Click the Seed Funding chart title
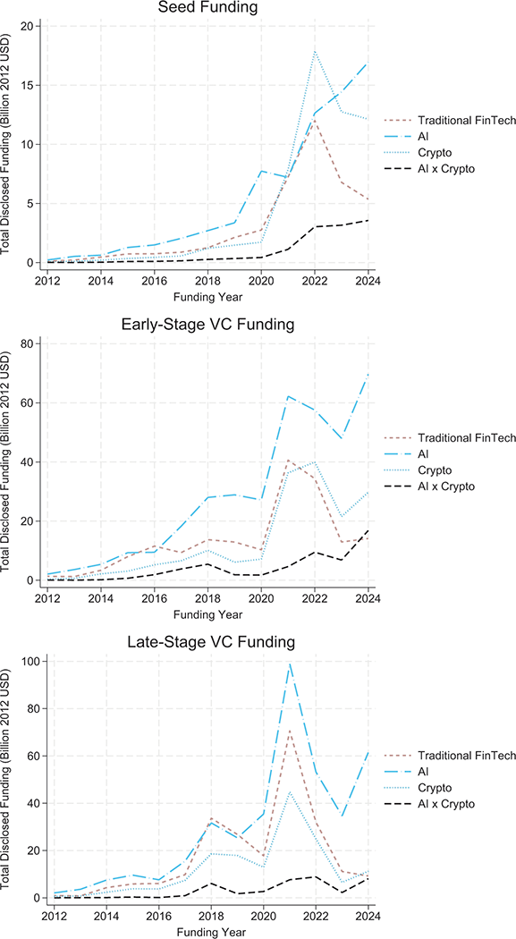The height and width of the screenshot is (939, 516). click(x=208, y=8)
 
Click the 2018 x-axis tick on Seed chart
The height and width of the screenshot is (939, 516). click(x=208, y=280)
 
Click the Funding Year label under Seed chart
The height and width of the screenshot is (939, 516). click(x=208, y=296)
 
